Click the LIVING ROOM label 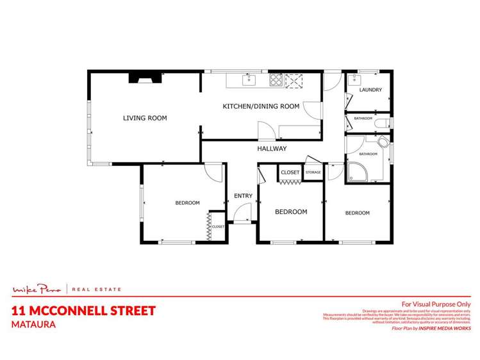pos(145,118)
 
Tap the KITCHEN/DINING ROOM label pos(260,106)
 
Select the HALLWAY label pos(272,149)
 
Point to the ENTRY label pos(243,196)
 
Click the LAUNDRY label pos(370,90)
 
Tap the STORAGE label pos(313,172)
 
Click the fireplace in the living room pos(146,78)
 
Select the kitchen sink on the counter pos(249,80)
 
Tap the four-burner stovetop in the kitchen pos(276,80)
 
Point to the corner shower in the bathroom pos(356,171)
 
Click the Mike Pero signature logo pos(39,290)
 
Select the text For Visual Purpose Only pos(436,304)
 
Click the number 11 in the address pos(19,311)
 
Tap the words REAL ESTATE pos(96,290)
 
